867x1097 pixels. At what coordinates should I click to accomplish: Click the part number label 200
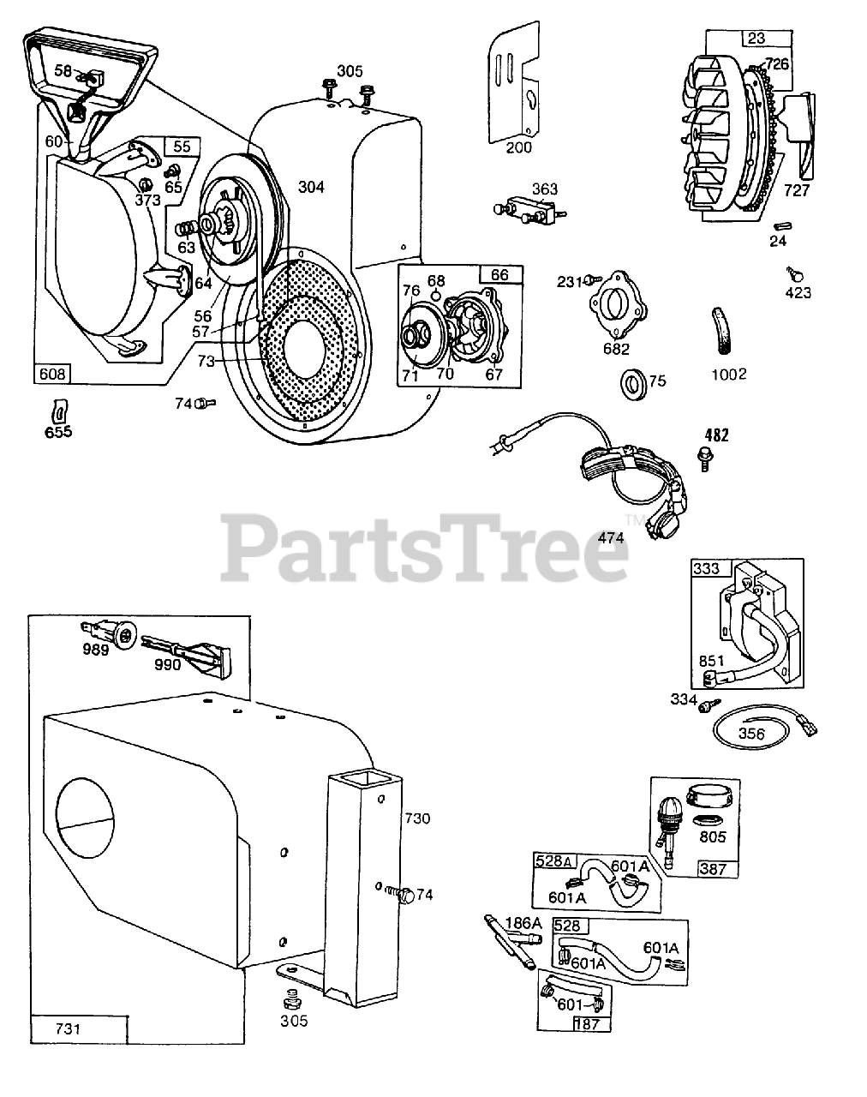[518, 147]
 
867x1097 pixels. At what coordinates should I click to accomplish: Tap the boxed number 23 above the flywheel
[756, 38]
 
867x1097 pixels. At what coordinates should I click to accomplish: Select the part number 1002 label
[729, 374]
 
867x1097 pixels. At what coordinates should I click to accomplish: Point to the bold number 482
[716, 435]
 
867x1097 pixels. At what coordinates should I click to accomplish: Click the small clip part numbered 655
[59, 410]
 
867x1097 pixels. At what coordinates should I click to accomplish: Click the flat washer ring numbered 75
[635, 380]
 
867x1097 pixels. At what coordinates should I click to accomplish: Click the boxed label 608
[52, 374]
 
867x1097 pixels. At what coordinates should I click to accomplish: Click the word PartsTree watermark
[426, 547]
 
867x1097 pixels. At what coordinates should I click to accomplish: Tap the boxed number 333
[708, 568]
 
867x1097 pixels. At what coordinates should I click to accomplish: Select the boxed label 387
[713, 868]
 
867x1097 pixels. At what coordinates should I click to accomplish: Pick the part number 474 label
[610, 537]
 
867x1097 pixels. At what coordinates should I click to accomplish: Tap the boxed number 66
[499, 274]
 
